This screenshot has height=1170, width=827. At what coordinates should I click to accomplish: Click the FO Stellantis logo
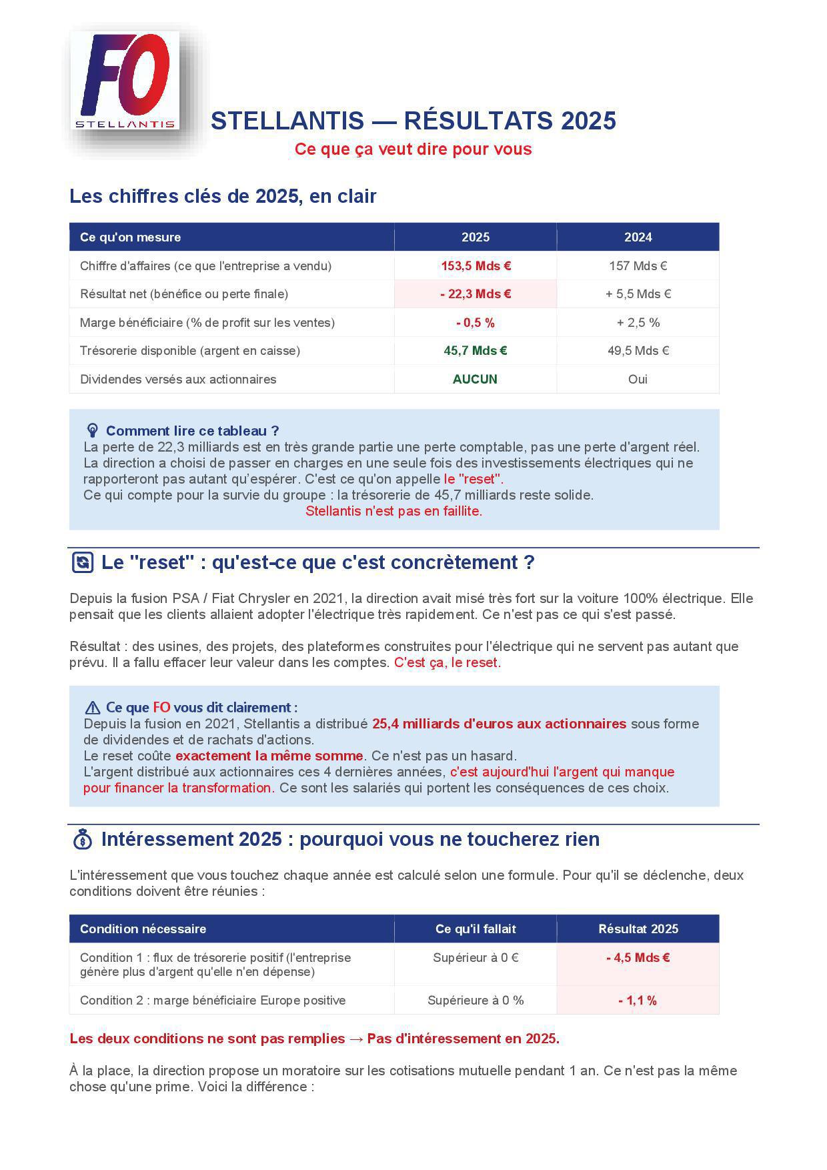[x=125, y=81]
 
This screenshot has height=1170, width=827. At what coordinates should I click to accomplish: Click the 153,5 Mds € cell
[x=476, y=265]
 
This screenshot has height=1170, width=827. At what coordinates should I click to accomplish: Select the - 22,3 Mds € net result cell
[x=476, y=294]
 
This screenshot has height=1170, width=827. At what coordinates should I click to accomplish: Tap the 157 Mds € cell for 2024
[x=638, y=265]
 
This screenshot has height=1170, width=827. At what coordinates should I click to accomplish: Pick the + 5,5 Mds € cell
[x=638, y=294]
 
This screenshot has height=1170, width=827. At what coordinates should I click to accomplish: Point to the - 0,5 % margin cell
[x=476, y=323]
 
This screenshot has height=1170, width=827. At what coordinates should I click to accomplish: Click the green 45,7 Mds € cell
[x=476, y=351]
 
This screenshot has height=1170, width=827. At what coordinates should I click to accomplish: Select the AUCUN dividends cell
[x=475, y=380]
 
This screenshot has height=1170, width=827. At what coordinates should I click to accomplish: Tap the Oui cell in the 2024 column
[x=638, y=380]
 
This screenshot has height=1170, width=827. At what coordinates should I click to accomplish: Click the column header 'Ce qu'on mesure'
[x=131, y=237]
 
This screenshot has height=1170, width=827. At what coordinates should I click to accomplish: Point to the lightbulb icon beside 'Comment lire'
[x=93, y=430]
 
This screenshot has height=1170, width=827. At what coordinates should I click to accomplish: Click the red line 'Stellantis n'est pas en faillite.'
[x=393, y=512]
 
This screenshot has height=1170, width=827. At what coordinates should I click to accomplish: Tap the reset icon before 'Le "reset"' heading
[x=82, y=562]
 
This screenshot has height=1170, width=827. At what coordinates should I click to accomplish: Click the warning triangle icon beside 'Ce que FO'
[x=92, y=708]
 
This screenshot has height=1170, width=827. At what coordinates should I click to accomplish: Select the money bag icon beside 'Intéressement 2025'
[x=82, y=839]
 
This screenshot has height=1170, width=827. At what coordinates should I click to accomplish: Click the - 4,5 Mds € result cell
[x=638, y=958]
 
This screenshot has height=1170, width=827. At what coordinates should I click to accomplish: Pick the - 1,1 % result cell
[x=638, y=1001]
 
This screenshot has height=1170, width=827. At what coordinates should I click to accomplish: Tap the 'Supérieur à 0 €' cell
[x=476, y=958]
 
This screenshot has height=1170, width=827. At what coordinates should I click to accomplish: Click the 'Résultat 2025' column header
[x=638, y=929]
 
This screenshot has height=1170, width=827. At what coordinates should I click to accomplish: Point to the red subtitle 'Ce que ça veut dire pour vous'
[x=413, y=149]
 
